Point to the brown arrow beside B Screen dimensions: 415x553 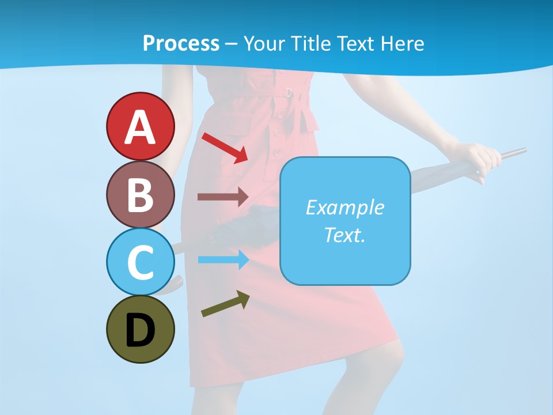pyautogui.click(x=222, y=197)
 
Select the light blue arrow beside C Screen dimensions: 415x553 pyautogui.click(x=223, y=260)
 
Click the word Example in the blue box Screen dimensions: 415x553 pyautogui.click(x=344, y=207)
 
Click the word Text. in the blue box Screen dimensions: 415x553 pyautogui.click(x=344, y=235)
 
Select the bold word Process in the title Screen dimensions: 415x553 pyautogui.click(x=181, y=43)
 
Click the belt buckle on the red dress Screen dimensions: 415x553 pyautogui.click(x=290, y=92)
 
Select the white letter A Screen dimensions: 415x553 pyautogui.click(x=140, y=127)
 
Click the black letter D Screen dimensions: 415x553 pyautogui.click(x=140, y=330)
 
